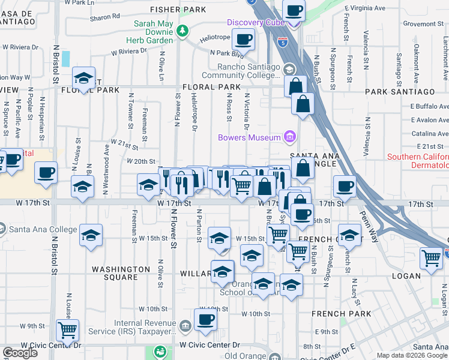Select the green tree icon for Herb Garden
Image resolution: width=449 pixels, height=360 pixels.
pos(182,30)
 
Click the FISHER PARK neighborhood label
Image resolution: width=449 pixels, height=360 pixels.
pos(178,10)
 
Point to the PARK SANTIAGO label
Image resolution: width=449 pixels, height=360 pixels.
pos(400,91)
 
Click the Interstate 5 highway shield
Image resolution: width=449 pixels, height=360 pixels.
pos(283,43)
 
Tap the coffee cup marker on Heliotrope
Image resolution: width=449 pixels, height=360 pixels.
pos(243,40)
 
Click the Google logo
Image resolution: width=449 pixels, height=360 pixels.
pos(20,353)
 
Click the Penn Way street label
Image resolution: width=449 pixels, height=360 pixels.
pos(370,222)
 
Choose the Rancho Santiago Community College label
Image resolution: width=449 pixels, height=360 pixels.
pos(249,71)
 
